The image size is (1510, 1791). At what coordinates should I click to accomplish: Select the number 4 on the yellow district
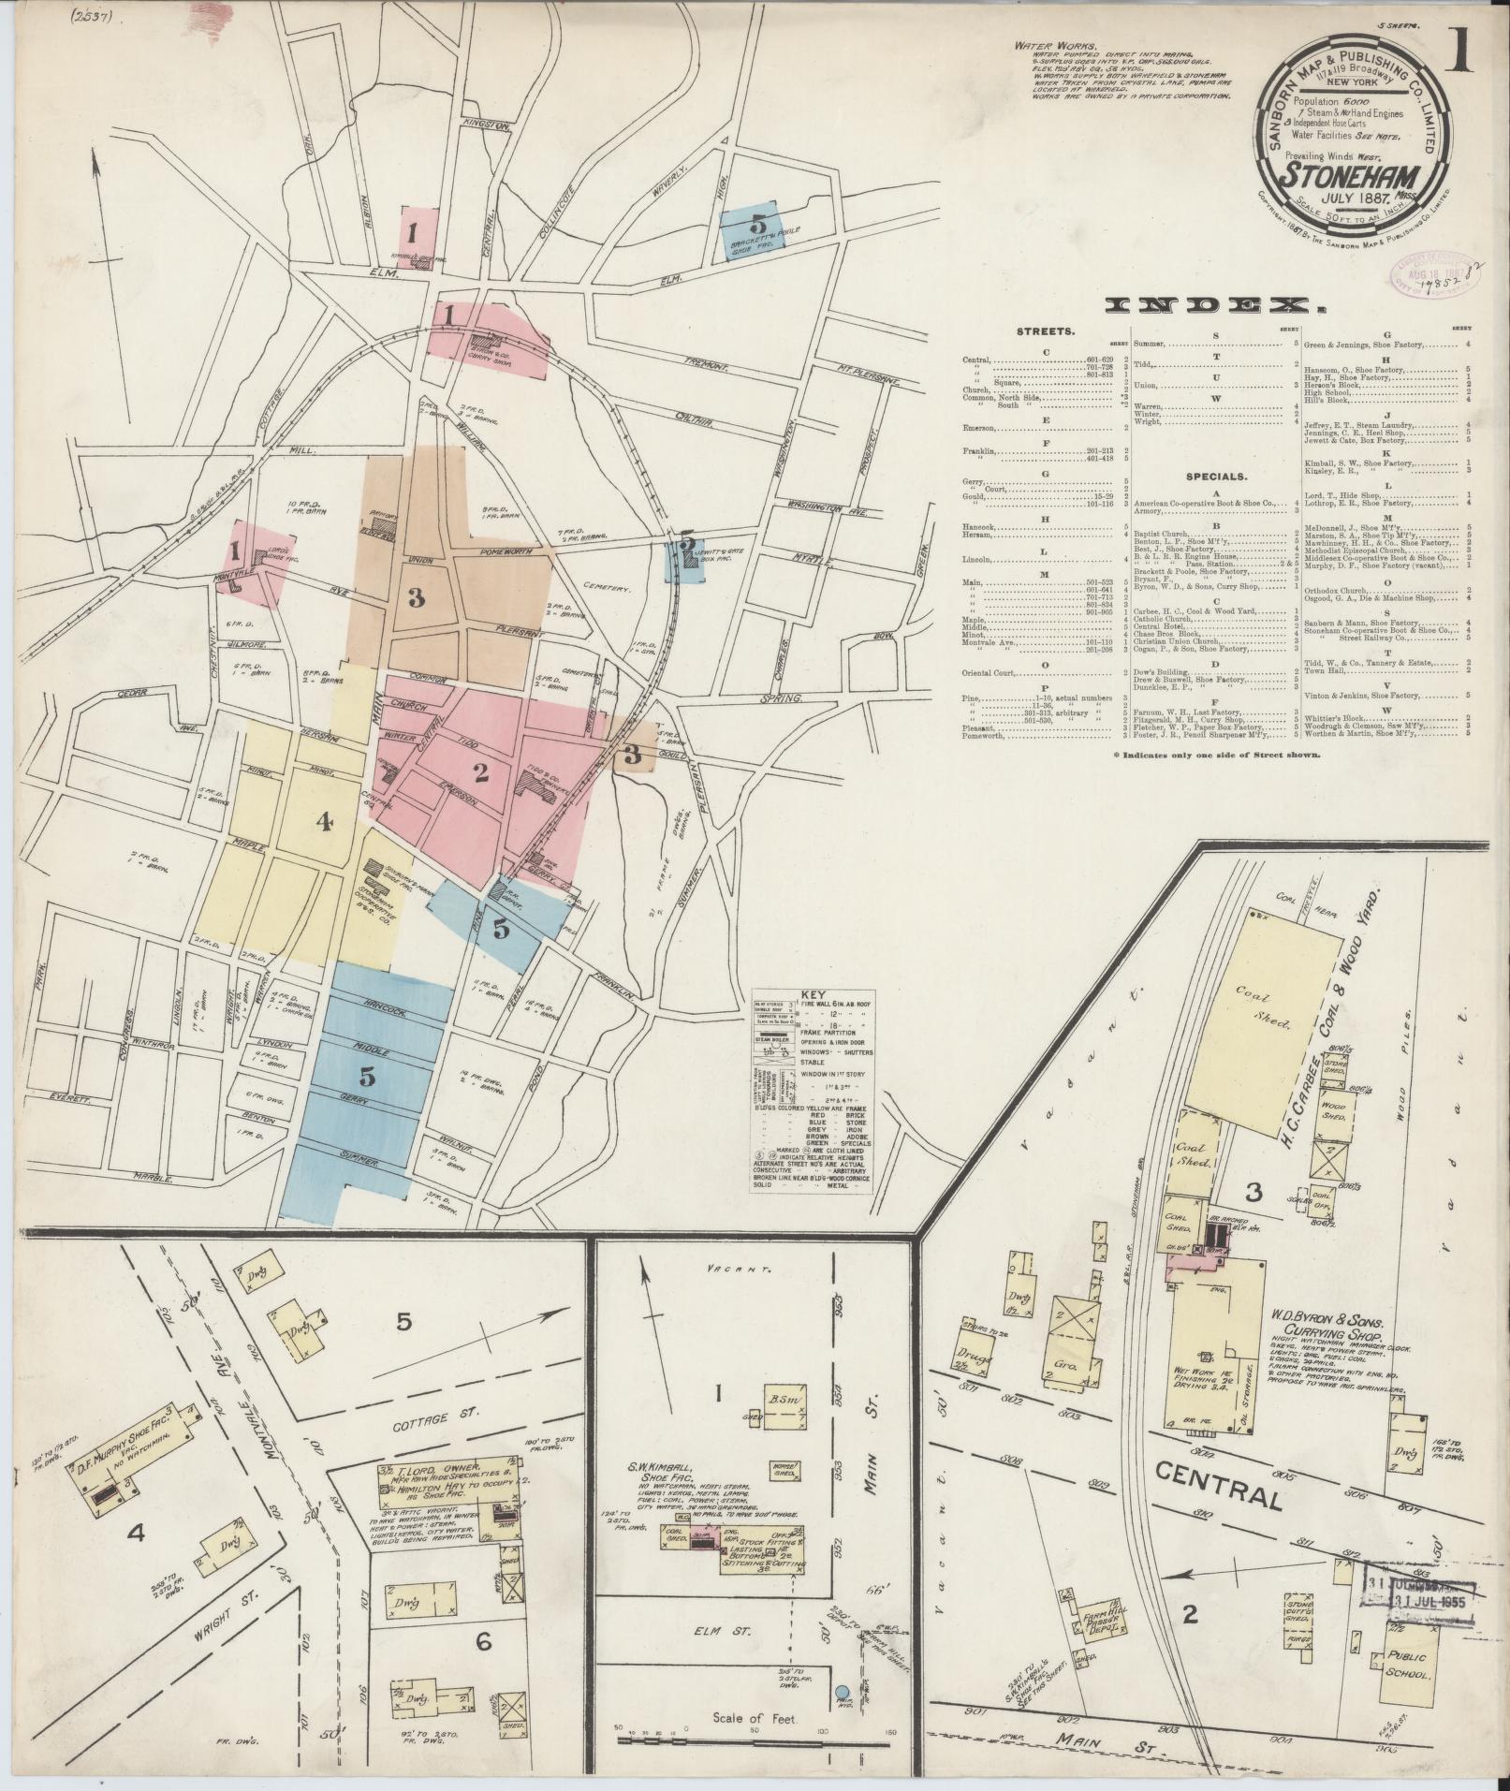(324, 822)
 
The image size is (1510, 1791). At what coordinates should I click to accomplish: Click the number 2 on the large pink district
(481, 772)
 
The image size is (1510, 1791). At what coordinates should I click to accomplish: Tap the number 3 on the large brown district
(416, 600)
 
